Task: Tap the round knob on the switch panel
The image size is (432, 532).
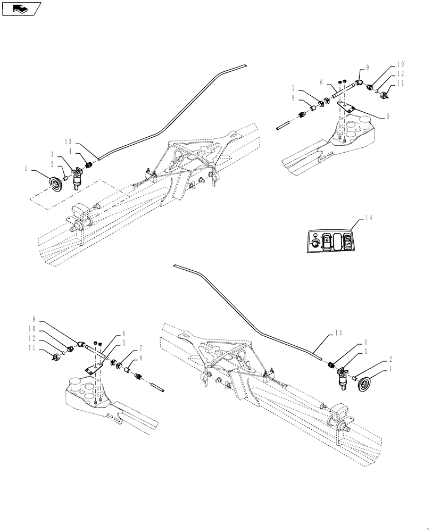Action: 316,244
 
